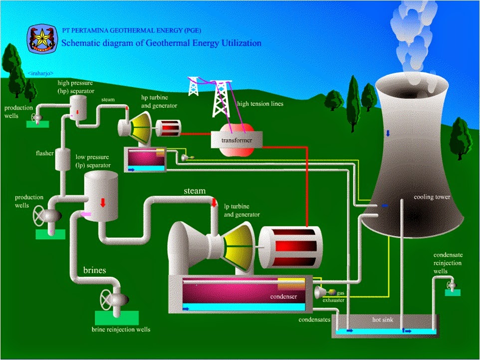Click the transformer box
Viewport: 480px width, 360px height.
point(237,140)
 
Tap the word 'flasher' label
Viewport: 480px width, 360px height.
point(44,153)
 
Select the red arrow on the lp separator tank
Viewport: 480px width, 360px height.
point(103,202)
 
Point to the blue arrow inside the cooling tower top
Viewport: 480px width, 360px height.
point(388,134)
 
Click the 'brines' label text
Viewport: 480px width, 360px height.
point(95,270)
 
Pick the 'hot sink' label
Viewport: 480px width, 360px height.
point(384,319)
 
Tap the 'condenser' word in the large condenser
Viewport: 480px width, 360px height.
point(283,298)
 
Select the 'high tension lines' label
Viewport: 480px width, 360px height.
point(260,104)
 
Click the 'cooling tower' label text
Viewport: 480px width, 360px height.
point(432,197)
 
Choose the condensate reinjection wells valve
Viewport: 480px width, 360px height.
point(452,285)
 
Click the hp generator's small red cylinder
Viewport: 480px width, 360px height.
point(168,128)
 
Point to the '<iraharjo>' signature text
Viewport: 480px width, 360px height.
point(41,73)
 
